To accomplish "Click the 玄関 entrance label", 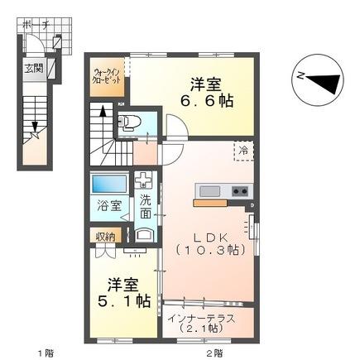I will [x=33, y=69].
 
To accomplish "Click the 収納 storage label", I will [x=103, y=237].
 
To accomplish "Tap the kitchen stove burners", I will [x=239, y=192].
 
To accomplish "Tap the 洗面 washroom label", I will [x=146, y=206].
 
